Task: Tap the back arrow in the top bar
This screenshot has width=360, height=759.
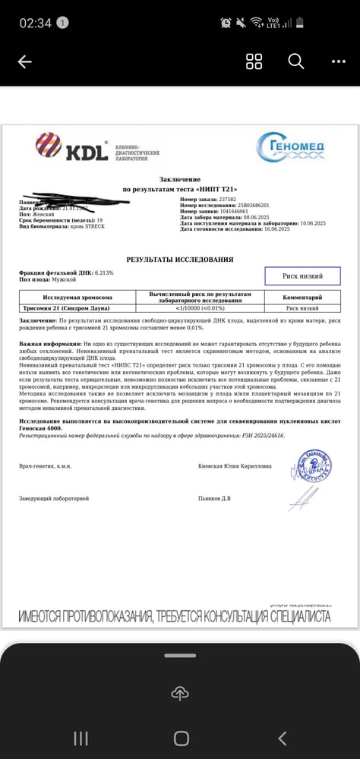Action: click(x=24, y=62)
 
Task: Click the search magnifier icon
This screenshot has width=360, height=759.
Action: click(x=295, y=61)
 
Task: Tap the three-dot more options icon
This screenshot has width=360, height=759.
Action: click(x=338, y=62)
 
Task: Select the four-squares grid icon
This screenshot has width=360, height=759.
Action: click(x=254, y=62)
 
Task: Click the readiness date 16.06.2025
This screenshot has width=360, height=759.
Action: click(x=271, y=229)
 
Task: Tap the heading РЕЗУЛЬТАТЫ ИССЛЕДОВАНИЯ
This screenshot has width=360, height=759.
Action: click(x=179, y=260)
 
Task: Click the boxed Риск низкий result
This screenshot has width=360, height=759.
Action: click(x=302, y=276)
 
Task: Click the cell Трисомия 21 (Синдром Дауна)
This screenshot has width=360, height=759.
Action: click(x=66, y=309)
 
